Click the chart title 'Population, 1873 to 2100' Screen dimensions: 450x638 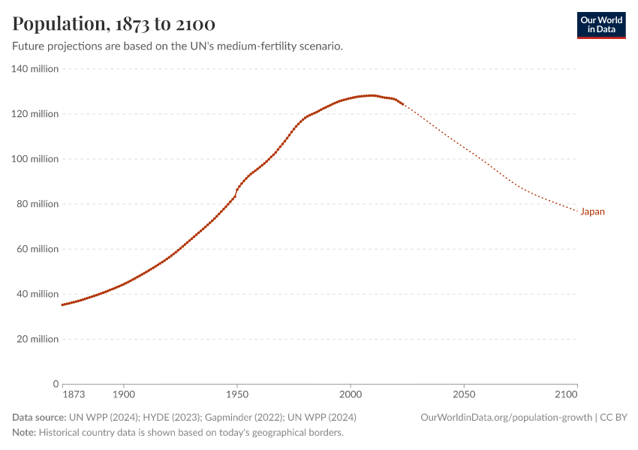(113, 24)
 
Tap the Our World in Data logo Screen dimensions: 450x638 (600, 25)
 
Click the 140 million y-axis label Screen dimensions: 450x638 (35, 69)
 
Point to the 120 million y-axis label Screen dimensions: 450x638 (35, 114)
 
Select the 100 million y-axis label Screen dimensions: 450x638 (35, 159)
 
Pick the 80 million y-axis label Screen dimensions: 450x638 (37, 204)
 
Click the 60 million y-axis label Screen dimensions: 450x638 (37, 249)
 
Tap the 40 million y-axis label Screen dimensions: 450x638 (37, 294)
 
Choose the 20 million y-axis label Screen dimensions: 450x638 (37, 339)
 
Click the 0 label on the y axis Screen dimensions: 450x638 (56, 384)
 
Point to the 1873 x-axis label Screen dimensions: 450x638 (74, 394)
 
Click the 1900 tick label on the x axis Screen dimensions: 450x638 (123, 394)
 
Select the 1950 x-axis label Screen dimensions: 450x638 (236, 394)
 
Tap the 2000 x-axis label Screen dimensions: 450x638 (351, 394)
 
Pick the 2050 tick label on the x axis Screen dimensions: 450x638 (464, 394)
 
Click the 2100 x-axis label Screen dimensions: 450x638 (567, 394)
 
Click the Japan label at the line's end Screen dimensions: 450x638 (592, 211)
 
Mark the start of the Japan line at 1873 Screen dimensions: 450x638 (62, 304)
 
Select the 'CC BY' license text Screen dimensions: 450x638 (615, 417)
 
